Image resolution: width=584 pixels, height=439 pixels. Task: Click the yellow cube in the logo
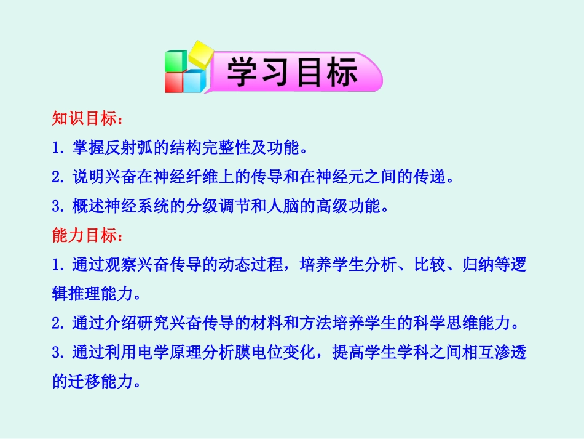pyautogui.click(x=200, y=54)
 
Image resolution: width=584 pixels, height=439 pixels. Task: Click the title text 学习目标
pyautogui.click(x=293, y=73)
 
